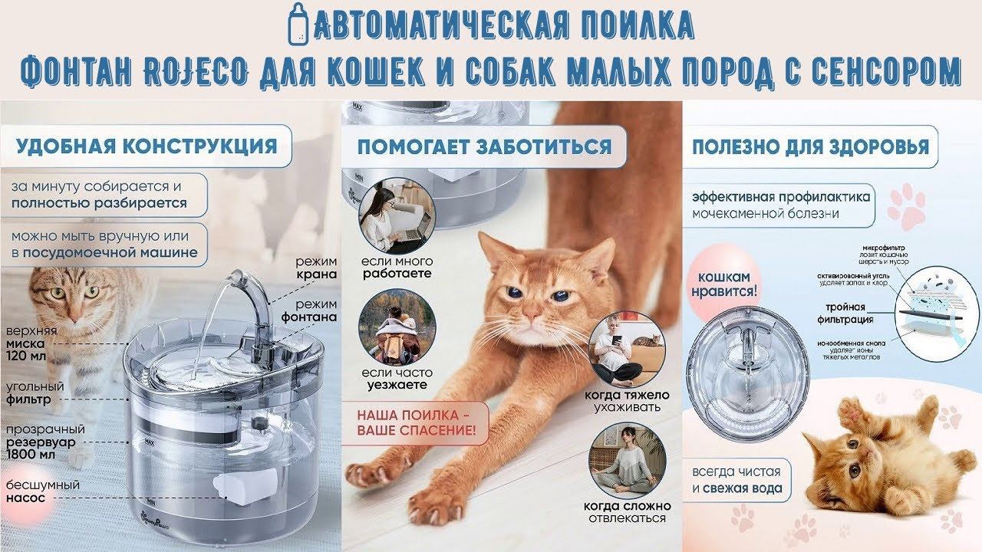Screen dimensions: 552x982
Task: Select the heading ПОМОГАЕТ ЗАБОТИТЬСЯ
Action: tap(484, 146)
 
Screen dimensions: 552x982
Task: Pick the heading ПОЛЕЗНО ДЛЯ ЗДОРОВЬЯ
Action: tap(810, 146)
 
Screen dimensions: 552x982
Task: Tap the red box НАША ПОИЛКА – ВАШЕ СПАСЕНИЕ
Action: tap(414, 422)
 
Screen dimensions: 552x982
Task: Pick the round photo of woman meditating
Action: tap(626, 460)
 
